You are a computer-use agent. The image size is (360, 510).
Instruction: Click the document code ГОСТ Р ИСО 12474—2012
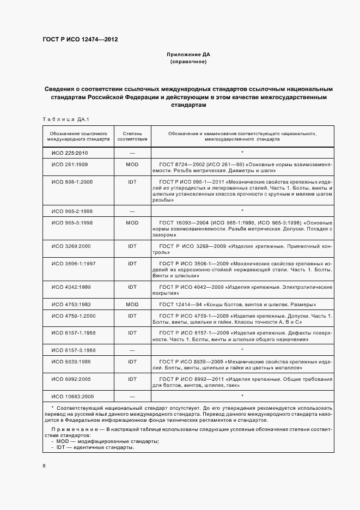coord(80,40)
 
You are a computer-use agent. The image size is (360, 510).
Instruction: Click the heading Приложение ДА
coord(188,55)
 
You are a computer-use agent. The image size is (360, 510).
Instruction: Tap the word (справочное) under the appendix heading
coord(188,62)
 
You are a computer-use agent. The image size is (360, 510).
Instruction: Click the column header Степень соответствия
coord(132,136)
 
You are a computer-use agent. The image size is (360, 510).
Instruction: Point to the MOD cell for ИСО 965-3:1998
coord(132,223)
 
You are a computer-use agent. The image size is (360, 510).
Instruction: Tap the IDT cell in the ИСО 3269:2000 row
coord(132,246)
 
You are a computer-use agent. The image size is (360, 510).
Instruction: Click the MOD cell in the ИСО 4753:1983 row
coord(132,304)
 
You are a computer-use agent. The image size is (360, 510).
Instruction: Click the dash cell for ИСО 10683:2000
coord(132,396)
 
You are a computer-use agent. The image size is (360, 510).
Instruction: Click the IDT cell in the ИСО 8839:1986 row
coord(132,362)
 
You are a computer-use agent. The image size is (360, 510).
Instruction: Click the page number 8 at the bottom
coord(45,466)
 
